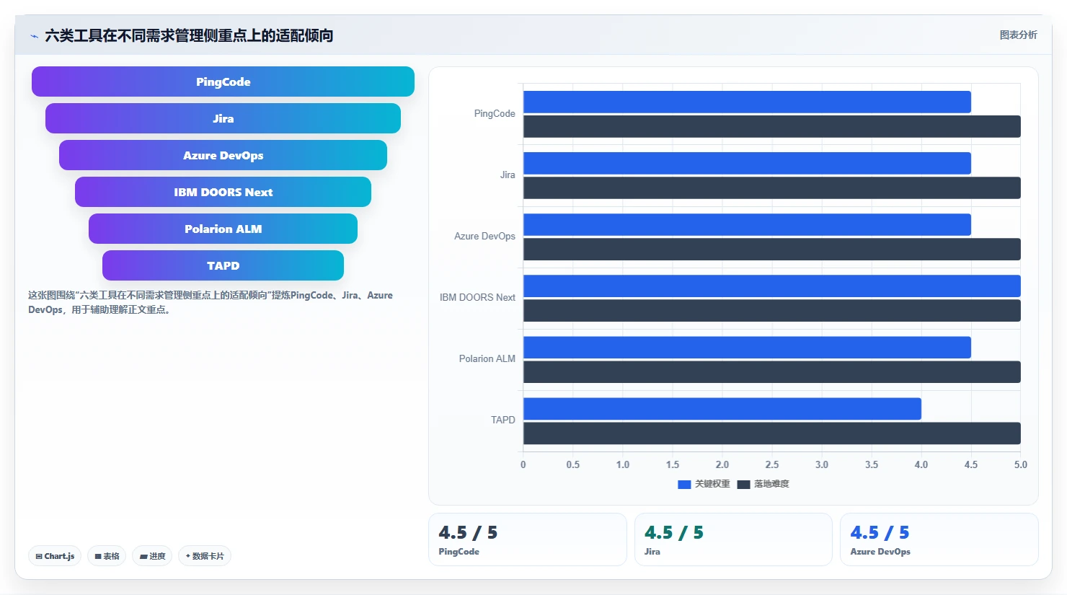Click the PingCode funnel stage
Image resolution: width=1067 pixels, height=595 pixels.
[x=223, y=81]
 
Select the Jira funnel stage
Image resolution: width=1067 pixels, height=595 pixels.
[x=223, y=118]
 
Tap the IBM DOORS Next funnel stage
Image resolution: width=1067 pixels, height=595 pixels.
[x=223, y=192]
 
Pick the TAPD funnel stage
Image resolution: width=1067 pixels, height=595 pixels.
[x=223, y=265]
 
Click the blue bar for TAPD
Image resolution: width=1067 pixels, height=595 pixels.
[x=722, y=409]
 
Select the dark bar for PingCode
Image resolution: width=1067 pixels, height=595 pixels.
[x=771, y=126]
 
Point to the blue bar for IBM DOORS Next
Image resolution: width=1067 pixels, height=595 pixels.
[x=771, y=286]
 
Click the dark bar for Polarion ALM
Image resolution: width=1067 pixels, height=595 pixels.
[x=771, y=371]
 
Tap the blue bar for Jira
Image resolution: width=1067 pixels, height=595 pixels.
[x=747, y=164]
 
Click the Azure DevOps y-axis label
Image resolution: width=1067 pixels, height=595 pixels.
[x=484, y=237]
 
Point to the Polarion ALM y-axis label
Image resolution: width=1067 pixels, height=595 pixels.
[x=487, y=358]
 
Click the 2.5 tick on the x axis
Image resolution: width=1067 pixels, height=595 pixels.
[x=771, y=464]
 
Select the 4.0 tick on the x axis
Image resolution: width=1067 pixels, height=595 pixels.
[x=921, y=464]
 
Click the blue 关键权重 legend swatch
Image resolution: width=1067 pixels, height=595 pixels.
[x=684, y=485]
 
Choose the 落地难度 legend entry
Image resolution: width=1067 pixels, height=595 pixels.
[x=763, y=484]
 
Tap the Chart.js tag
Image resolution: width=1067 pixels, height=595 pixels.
[x=55, y=556]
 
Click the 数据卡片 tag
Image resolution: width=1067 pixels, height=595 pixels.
[x=204, y=556]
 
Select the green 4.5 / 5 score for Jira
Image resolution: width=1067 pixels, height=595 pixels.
[x=673, y=532]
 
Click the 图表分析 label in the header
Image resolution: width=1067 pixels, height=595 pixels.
[x=1018, y=35]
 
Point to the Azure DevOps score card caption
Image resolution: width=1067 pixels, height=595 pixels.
[x=880, y=552]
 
